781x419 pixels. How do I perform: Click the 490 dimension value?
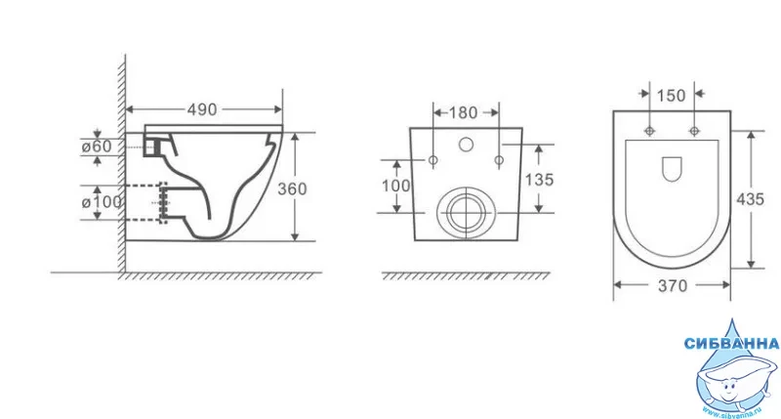pyautogui.click(x=202, y=109)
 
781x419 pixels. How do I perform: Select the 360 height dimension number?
pyautogui.click(x=292, y=189)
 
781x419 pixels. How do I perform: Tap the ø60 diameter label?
pyautogui.click(x=97, y=147)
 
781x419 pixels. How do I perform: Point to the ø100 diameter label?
pyautogui.click(x=102, y=202)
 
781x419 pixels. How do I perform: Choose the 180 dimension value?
pyautogui.click(x=463, y=113)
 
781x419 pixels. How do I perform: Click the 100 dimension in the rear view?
pyautogui.click(x=396, y=186)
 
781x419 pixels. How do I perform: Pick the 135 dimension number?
pyautogui.click(x=539, y=180)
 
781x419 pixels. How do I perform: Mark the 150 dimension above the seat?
pyautogui.click(x=671, y=95)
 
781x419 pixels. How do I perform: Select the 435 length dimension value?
pyautogui.click(x=750, y=199)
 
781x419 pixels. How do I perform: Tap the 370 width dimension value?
pyautogui.click(x=673, y=286)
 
